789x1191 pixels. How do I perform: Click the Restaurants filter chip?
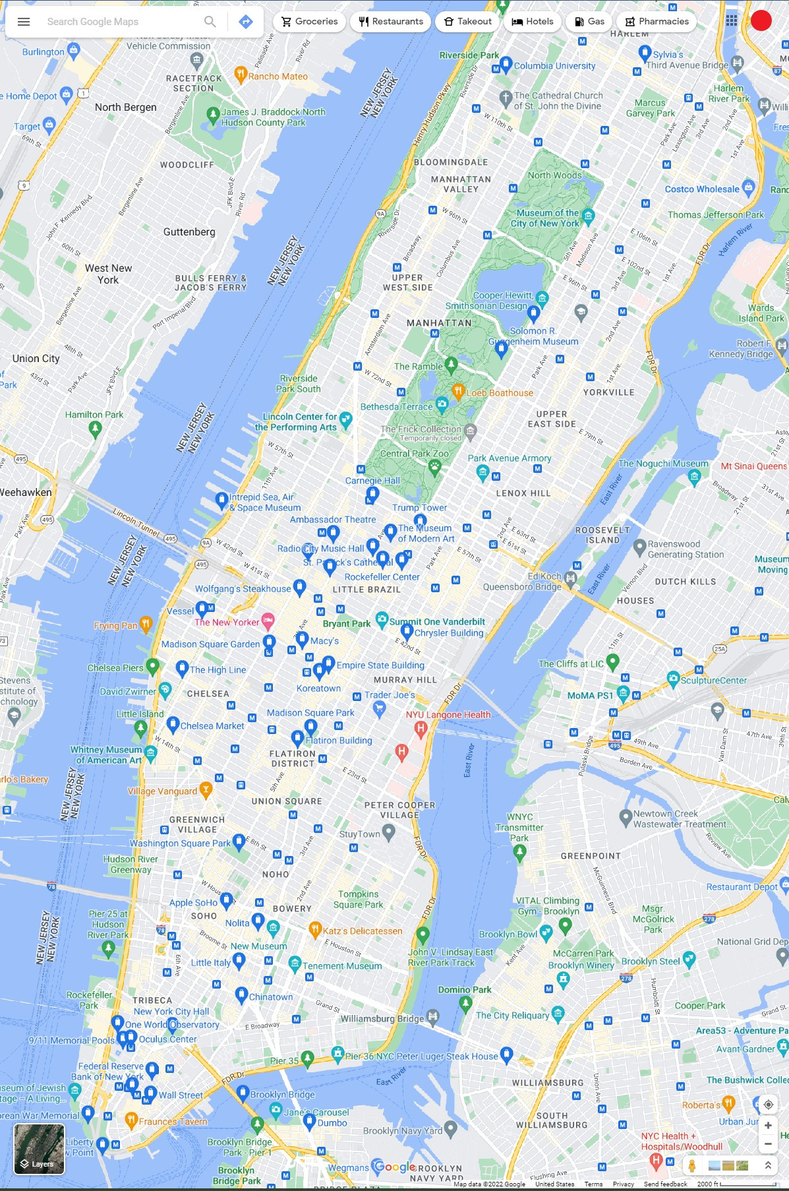pyautogui.click(x=391, y=22)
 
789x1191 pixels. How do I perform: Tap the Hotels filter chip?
pyautogui.click(x=533, y=22)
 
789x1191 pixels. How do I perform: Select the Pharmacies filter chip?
pyautogui.click(x=657, y=22)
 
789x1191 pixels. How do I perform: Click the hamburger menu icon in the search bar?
pyautogui.click(x=24, y=22)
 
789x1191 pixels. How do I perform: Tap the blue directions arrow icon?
pyautogui.click(x=245, y=22)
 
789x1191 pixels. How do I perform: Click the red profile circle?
pyautogui.click(x=761, y=20)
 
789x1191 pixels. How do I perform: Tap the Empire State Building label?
pyautogui.click(x=380, y=665)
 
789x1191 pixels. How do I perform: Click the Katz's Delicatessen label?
pyautogui.click(x=362, y=931)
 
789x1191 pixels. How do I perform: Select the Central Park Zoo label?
pyautogui.click(x=414, y=454)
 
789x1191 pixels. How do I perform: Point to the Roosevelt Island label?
pyautogui.click(x=602, y=535)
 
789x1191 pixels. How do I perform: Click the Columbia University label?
pyautogui.click(x=554, y=66)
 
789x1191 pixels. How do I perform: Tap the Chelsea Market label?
pyautogui.click(x=212, y=726)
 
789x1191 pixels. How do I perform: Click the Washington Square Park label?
pyautogui.click(x=180, y=843)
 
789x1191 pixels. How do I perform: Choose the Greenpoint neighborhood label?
pyautogui.click(x=591, y=856)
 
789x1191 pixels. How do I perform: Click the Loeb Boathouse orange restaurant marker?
pyautogui.click(x=458, y=390)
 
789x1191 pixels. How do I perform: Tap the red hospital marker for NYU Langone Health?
pyautogui.click(x=421, y=729)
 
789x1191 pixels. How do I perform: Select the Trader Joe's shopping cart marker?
pyautogui.click(x=379, y=708)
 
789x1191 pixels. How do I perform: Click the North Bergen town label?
pyautogui.click(x=126, y=107)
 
